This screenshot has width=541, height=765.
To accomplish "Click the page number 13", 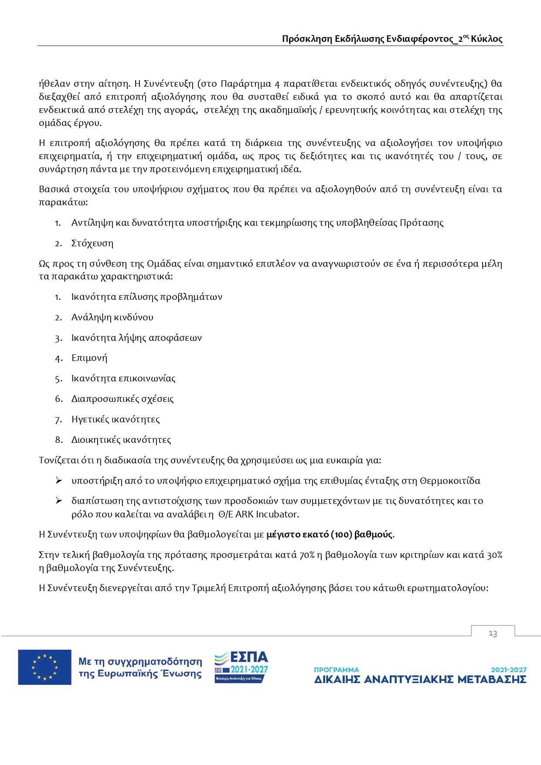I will coord(493,633).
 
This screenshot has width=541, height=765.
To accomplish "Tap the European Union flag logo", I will coord(44,667).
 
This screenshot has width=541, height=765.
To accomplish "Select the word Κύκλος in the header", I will coord(487,39).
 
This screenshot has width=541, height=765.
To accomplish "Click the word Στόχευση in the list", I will coord(92,243).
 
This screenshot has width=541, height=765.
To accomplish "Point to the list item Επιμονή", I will coord(89,358).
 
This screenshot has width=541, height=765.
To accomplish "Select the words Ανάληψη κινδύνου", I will coord(112,317).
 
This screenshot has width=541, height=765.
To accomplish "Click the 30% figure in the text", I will coord(494,555).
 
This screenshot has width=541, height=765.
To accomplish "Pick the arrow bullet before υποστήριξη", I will coord(59,480).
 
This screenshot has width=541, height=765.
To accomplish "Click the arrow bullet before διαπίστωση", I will coord(59,500).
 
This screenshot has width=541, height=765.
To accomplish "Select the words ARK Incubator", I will coord(266,514).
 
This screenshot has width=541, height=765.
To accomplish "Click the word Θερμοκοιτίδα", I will coord(450,481).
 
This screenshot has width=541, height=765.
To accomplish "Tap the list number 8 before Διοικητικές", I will coord(58,440).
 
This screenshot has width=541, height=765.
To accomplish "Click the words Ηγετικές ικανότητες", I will coord(116,419).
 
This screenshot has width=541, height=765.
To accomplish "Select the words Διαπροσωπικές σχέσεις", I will coord(122,399).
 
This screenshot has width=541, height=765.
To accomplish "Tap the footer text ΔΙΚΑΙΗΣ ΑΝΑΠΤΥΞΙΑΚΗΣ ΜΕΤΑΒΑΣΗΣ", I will coord(420,680).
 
